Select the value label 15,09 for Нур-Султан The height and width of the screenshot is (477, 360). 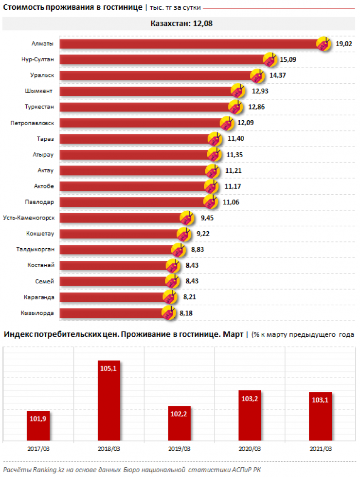(287, 60)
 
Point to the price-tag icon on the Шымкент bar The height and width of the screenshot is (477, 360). (237, 91)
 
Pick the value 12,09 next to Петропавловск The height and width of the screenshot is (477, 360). (246, 123)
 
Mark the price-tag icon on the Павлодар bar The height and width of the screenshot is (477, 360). (211, 201)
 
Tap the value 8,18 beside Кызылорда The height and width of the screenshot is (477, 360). (186, 313)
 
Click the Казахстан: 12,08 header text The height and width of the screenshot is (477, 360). (180, 23)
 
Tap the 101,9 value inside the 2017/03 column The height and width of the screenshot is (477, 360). (38, 418)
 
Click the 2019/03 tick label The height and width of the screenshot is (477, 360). (179, 448)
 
